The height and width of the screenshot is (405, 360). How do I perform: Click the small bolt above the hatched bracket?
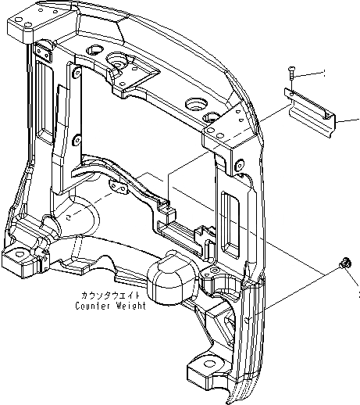tap(290, 73)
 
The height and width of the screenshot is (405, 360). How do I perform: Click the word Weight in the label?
tap(130, 306)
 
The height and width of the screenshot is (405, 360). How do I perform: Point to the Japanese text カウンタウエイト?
tap(109, 296)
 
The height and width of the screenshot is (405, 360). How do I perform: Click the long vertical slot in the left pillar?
tap(40, 82)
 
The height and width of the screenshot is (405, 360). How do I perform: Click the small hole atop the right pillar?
tap(237, 163)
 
